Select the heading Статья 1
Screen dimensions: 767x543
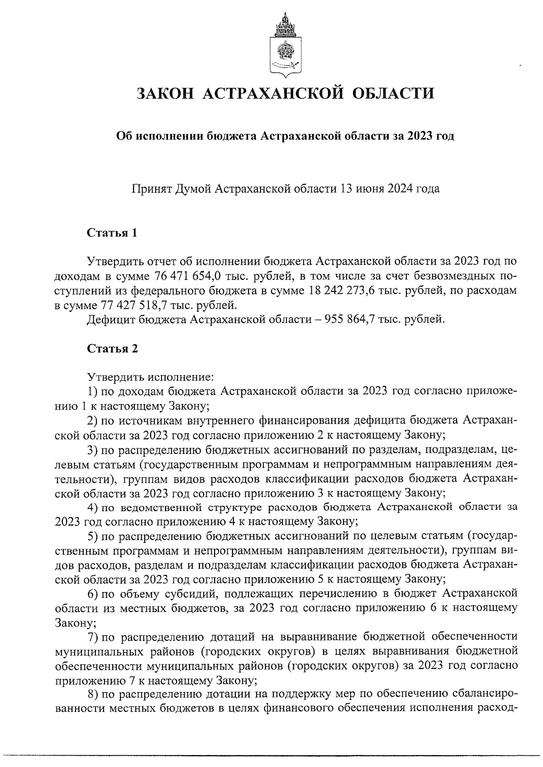112,233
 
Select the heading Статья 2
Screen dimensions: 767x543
112,348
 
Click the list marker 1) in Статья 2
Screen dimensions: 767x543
92,391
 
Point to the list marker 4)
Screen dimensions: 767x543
92,507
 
